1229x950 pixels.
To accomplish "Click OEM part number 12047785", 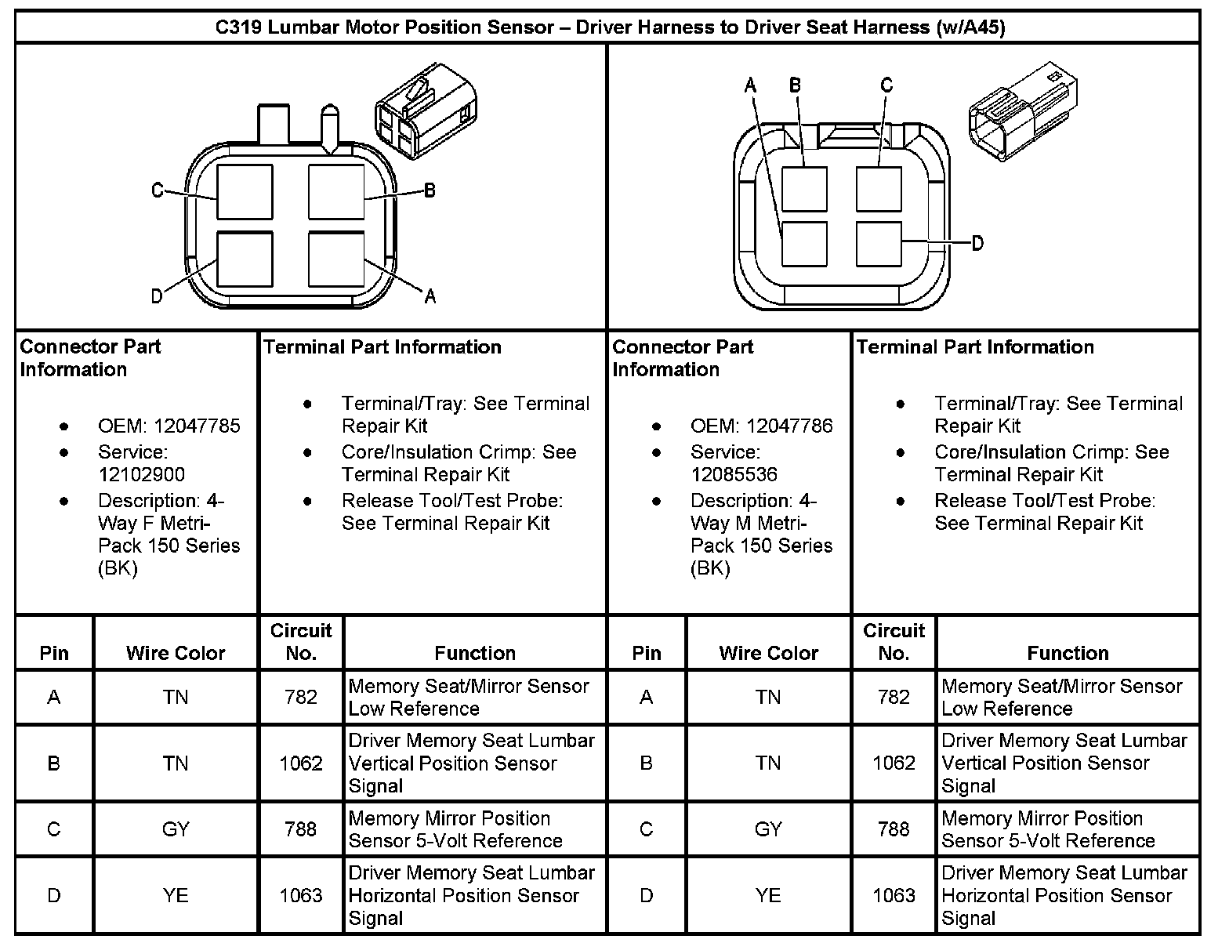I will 197,426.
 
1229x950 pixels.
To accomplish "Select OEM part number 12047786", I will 789,426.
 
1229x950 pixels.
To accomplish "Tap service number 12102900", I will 141,475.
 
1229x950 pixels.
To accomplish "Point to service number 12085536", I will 734,475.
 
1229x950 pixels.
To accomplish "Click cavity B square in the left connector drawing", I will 336,192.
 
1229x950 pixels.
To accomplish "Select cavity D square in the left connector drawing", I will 245,259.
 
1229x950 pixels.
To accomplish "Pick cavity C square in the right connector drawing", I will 879,189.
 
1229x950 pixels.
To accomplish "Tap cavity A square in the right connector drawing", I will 805,244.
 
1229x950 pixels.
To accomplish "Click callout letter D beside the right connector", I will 977,244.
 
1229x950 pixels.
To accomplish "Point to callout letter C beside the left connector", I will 158,190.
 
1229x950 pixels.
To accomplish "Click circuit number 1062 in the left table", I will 301,763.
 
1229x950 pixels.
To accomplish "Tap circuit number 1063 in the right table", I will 894,896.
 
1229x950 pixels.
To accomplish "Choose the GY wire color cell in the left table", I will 176,830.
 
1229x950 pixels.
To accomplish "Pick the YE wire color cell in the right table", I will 768,896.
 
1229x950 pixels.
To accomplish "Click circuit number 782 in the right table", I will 894,698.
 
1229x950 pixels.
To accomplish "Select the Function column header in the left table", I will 475,654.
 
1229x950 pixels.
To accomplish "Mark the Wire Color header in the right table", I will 768,654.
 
